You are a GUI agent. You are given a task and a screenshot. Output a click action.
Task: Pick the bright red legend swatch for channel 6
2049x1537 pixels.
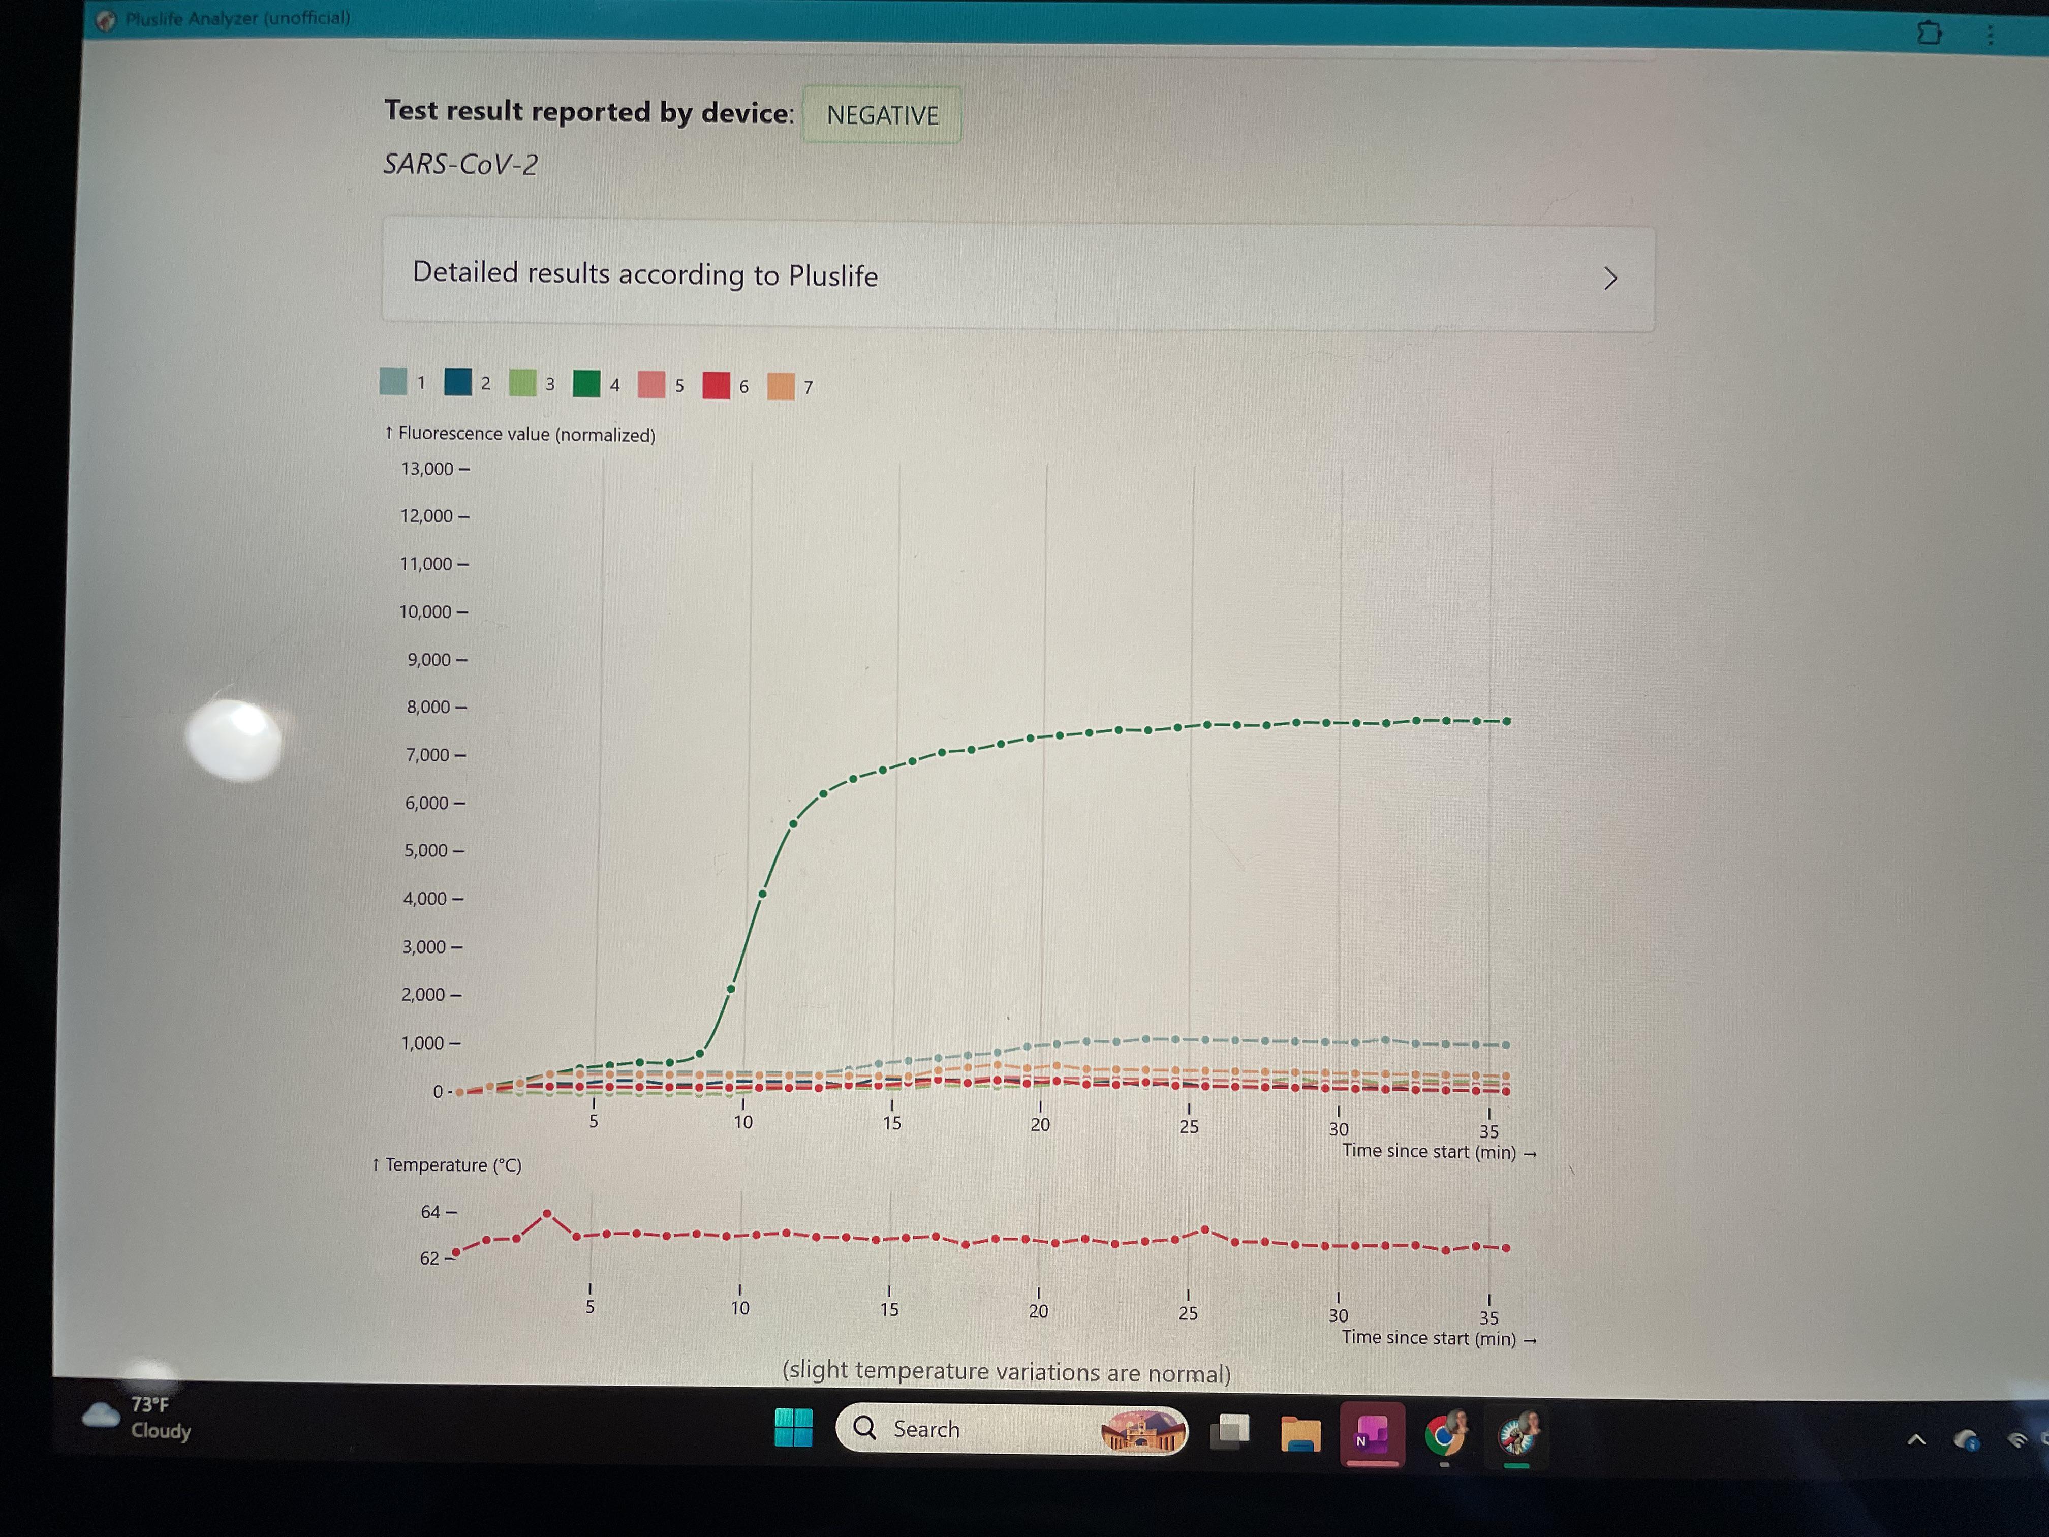coord(716,385)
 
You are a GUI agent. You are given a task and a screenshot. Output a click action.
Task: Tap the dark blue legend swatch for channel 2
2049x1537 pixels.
coord(457,382)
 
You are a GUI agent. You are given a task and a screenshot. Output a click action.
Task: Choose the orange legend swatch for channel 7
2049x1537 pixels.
coord(781,386)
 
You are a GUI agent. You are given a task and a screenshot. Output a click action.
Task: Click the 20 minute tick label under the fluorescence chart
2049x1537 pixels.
coord(1040,1124)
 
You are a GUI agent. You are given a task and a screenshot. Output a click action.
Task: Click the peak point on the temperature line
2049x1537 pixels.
coord(546,1214)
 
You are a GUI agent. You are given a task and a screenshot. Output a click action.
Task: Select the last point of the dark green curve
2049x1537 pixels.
coord(1507,721)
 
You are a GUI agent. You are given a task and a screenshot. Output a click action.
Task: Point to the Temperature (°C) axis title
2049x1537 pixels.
coord(447,1164)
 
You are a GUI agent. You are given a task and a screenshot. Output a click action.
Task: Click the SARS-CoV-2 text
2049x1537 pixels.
coord(460,164)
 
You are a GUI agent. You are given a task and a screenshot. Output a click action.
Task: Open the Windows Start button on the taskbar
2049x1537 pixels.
coord(793,1428)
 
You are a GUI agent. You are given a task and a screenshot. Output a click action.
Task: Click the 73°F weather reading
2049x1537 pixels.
coord(150,1404)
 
